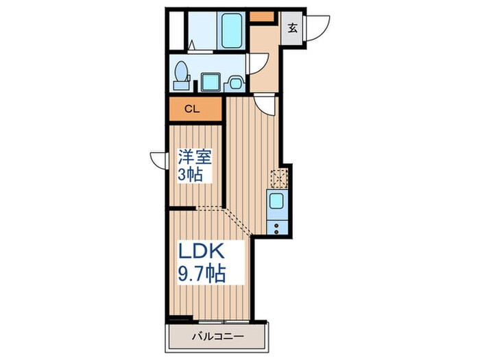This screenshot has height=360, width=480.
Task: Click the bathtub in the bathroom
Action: (x=231, y=30)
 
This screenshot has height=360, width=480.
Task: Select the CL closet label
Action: (x=192, y=109)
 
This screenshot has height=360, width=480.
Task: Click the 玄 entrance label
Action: (x=293, y=29)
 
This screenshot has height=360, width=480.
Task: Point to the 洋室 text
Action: (x=195, y=157)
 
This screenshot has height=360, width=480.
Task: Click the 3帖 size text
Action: (x=190, y=175)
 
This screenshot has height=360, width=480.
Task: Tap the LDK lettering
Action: (x=202, y=251)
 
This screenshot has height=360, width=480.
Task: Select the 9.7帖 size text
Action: (x=202, y=274)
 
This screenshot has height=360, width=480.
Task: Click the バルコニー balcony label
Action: (x=218, y=337)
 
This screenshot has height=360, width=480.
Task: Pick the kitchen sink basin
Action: (x=276, y=202)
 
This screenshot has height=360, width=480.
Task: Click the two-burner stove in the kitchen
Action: (x=277, y=228)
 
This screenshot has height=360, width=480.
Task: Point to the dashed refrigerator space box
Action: (x=279, y=178)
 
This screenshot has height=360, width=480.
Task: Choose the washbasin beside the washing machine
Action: (x=235, y=83)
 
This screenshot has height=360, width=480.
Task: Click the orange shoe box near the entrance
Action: (x=262, y=16)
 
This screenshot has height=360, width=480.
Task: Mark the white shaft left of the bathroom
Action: (x=176, y=30)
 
